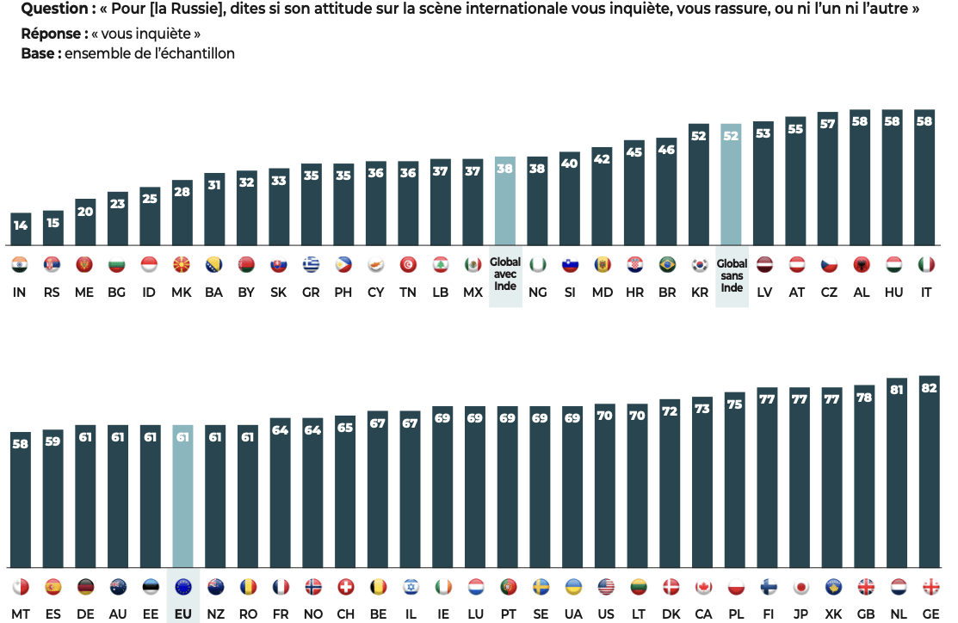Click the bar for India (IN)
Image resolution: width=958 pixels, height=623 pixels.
[x=20, y=229]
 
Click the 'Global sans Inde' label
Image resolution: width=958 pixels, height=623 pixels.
[x=732, y=275]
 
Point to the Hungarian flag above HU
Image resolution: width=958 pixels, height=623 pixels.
[x=894, y=265]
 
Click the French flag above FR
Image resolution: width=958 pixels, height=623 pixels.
[x=280, y=587]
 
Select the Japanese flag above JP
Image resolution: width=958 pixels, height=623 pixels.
[x=800, y=587]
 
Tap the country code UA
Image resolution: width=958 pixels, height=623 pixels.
[x=572, y=614]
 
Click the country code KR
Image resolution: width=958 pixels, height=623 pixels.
[x=699, y=293]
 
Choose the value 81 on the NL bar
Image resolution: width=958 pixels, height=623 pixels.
[x=897, y=390]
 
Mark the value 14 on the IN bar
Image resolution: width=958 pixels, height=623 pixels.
[x=20, y=225]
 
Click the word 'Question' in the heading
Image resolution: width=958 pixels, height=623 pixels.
[x=53, y=9]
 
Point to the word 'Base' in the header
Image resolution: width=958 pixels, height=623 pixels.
[x=38, y=53]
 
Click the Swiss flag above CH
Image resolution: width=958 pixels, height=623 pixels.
[x=345, y=587]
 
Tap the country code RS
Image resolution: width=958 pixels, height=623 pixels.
[x=53, y=293]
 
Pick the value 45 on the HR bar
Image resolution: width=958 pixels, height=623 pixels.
[x=634, y=152]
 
